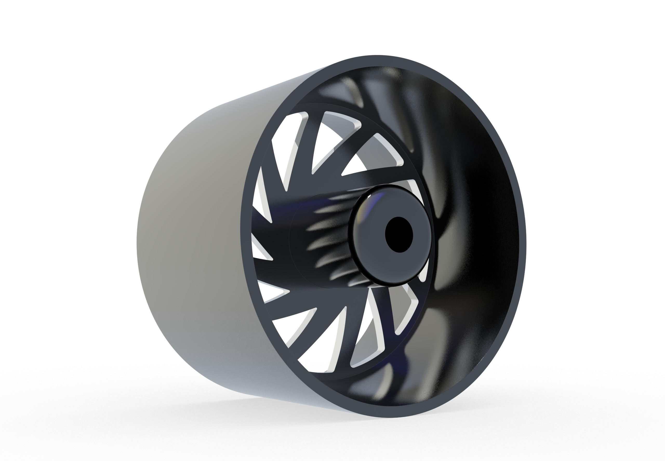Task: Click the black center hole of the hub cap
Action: [x=399, y=235]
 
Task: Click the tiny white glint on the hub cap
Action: [x=369, y=198]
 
